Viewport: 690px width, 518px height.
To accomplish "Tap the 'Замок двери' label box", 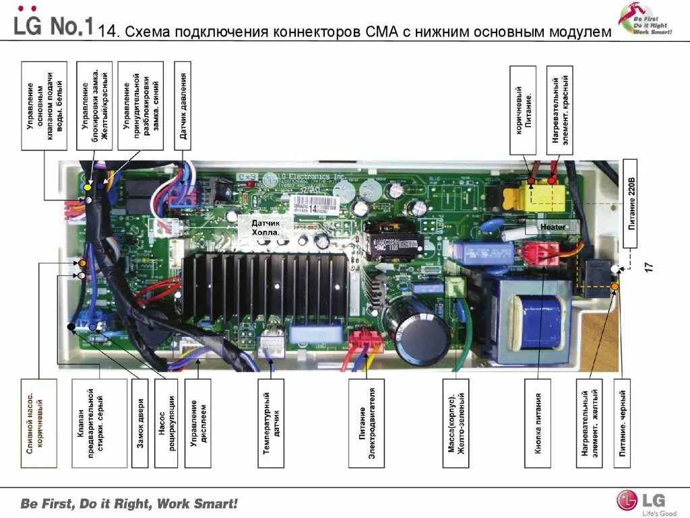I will [140, 423].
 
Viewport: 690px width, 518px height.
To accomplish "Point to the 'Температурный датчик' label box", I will [272, 423].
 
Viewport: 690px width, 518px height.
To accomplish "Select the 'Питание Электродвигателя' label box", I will [366, 423].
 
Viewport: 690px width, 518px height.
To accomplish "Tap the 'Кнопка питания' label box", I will [538, 423].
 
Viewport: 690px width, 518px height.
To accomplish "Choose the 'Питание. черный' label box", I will [622, 423].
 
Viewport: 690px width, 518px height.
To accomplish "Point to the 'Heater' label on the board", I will [553, 227].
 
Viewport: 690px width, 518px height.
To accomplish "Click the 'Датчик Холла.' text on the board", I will [265, 227].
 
